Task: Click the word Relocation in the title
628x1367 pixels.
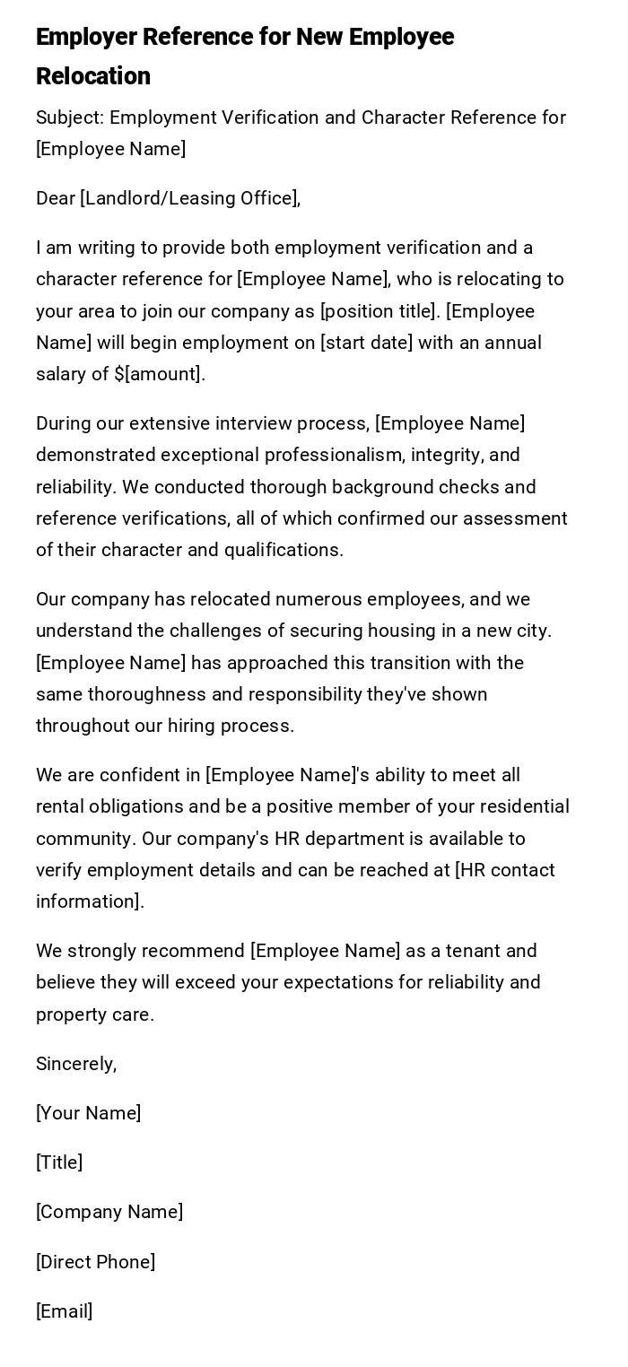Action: (x=93, y=76)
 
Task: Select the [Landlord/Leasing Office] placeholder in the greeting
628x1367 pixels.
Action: (x=189, y=198)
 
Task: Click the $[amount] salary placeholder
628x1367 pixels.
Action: (x=159, y=374)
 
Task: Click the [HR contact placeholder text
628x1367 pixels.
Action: (x=505, y=870)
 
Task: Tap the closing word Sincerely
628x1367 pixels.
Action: (x=75, y=1064)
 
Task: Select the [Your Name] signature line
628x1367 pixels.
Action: (x=88, y=1113)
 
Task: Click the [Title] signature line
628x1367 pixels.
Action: (x=59, y=1162)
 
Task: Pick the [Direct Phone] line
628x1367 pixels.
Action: (x=95, y=1262)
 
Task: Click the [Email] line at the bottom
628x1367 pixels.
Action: (x=64, y=1311)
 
